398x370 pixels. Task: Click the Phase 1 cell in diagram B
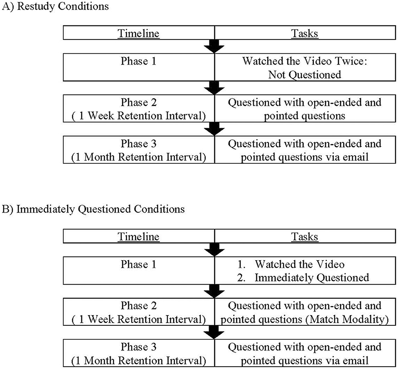pyautogui.click(x=139, y=271)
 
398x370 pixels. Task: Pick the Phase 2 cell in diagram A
pyautogui.click(x=139, y=108)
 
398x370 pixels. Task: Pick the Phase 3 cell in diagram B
pyautogui.click(x=139, y=353)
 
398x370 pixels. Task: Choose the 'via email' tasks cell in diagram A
pyautogui.click(x=304, y=150)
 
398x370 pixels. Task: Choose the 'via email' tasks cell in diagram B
pyautogui.click(x=304, y=353)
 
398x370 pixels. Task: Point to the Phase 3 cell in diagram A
pyautogui.click(x=139, y=150)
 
